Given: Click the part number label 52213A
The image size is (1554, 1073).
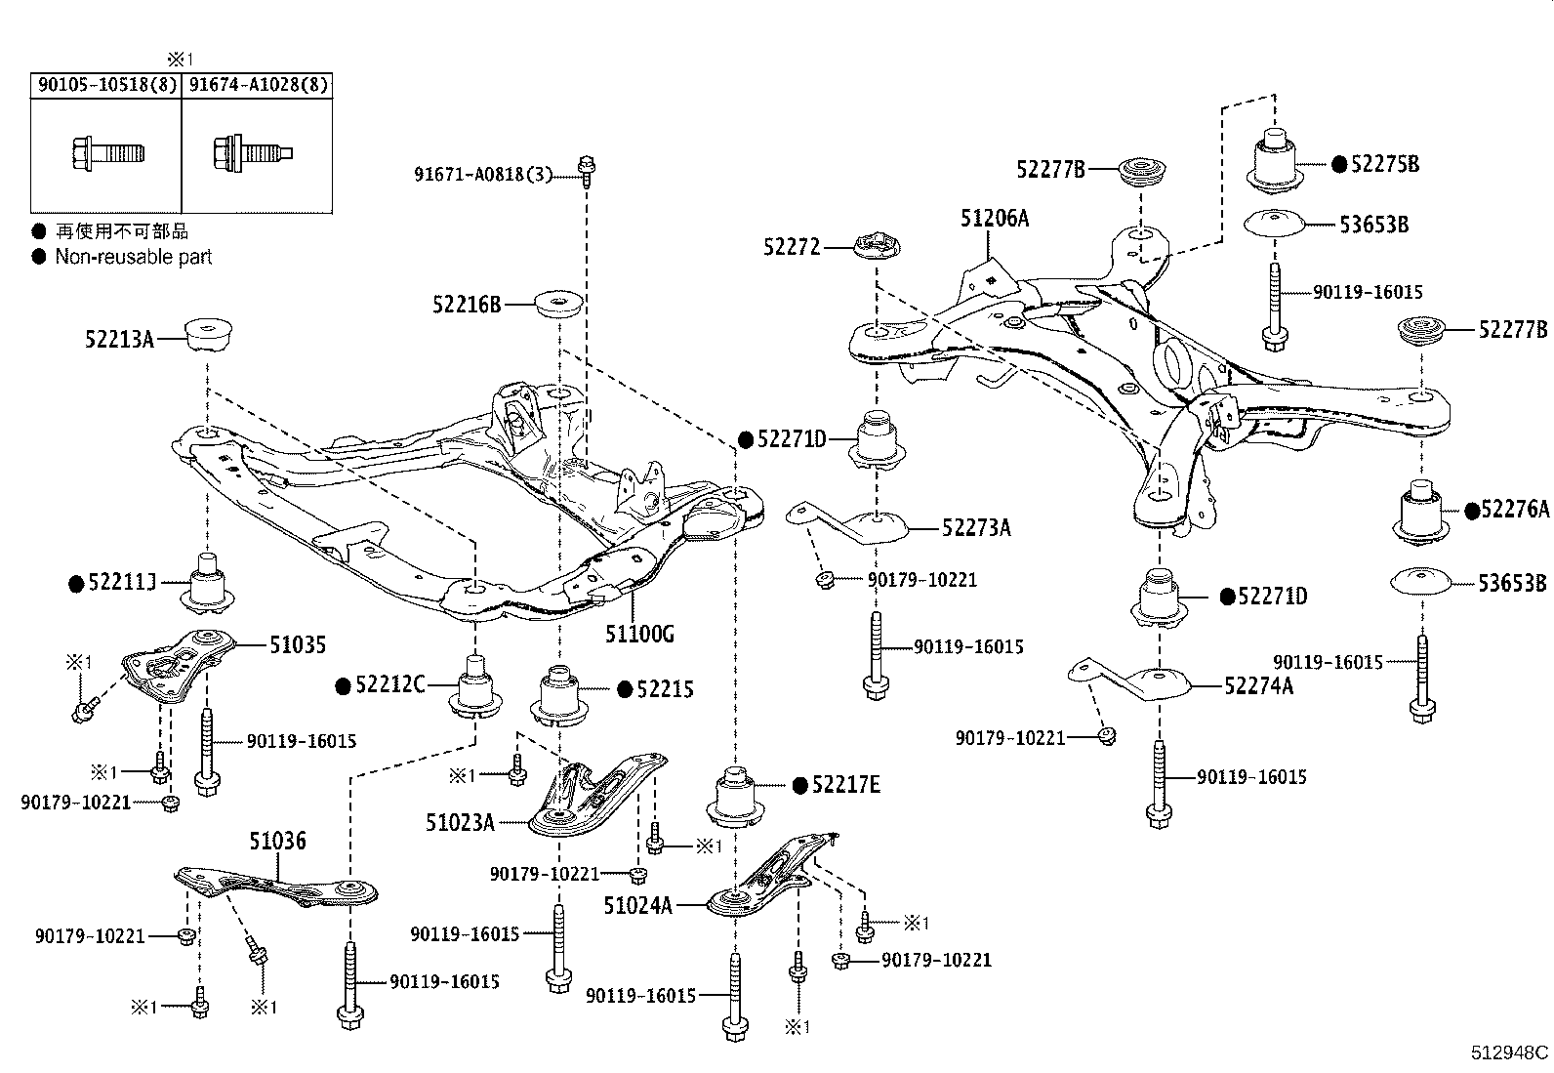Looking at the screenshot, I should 119,339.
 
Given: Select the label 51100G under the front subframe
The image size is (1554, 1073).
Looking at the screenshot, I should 639,634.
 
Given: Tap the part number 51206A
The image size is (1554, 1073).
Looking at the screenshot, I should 994,219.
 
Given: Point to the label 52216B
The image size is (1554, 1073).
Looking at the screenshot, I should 467,305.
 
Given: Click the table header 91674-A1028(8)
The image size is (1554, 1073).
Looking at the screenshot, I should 258,85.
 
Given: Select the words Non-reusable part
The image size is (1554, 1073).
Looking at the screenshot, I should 133,257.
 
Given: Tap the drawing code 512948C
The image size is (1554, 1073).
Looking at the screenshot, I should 1509,1052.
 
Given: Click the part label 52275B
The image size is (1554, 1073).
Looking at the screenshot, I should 1385,164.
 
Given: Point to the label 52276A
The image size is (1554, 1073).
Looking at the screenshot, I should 1515,509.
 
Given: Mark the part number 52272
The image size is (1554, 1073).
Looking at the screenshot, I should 792,248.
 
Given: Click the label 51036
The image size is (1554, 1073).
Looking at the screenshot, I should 277,841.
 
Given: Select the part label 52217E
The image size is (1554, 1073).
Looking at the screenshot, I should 846,784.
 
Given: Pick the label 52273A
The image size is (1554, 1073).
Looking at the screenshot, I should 976,528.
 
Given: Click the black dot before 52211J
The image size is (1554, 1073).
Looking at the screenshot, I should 76,584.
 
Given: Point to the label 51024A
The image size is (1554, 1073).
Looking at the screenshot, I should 637,905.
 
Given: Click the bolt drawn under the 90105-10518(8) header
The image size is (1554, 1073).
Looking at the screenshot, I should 107,153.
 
